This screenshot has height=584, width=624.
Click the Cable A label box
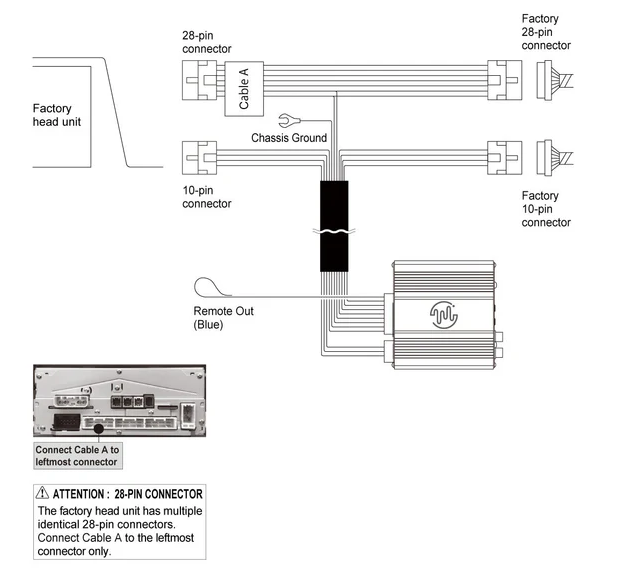(x=245, y=88)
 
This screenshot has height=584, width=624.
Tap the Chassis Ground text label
(x=289, y=137)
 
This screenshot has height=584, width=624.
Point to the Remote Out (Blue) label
(x=223, y=318)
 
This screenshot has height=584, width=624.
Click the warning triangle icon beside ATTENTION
(x=42, y=493)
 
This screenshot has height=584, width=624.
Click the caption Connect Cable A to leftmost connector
(x=76, y=456)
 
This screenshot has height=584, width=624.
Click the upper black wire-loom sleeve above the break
(x=334, y=206)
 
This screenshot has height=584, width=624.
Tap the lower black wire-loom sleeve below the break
(x=334, y=254)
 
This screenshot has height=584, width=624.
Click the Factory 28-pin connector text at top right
(x=546, y=32)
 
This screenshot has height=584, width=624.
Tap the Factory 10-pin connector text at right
(x=546, y=209)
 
